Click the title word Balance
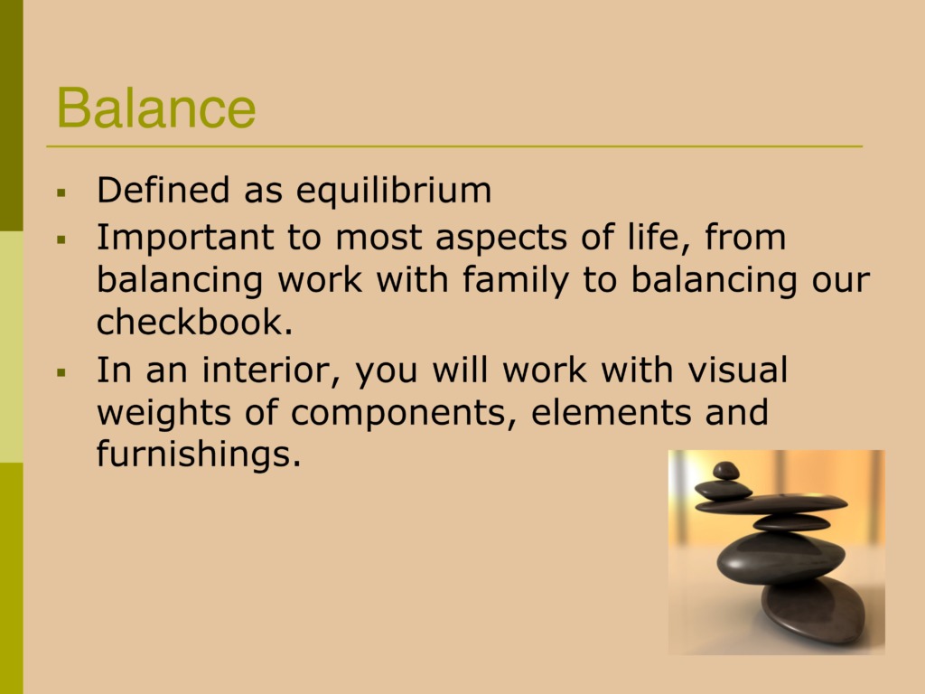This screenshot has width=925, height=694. pos(156,108)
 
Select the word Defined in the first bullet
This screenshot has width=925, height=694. pos(163,190)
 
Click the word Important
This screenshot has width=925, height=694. pos(185,239)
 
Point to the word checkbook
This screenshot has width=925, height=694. pos(194,322)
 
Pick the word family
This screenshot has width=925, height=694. pos(516,280)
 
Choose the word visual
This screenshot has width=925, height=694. pos(737,370)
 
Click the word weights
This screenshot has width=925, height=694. pos(164,413)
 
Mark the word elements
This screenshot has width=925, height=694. pos(612,412)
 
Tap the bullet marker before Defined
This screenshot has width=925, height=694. pos(61,192)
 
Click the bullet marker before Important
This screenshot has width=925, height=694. pos(61,239)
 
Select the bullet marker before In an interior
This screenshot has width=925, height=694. pos(61,372)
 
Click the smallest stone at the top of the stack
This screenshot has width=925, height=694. pos(725,471)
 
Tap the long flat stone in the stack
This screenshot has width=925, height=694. pos(771,503)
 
